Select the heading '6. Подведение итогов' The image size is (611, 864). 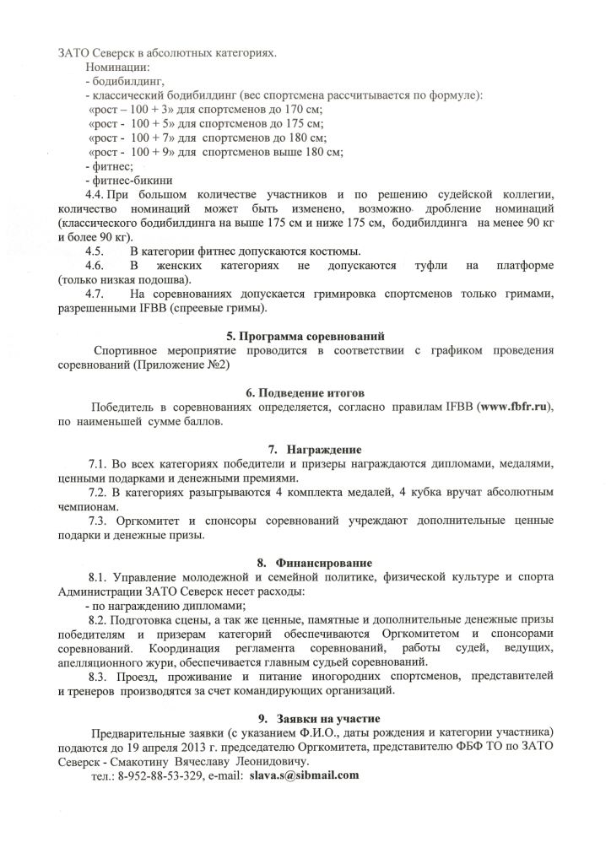[x=305, y=393]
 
